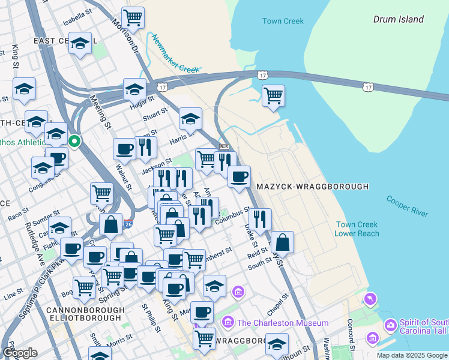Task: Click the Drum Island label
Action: (398, 19)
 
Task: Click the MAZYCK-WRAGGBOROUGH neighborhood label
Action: (312, 187)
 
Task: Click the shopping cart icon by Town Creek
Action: (273, 95)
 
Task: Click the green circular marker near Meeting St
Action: (74, 142)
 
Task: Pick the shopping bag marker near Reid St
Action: (282, 242)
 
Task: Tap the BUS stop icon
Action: (224, 147)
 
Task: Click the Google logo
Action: (20, 353)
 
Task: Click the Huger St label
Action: (142, 103)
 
